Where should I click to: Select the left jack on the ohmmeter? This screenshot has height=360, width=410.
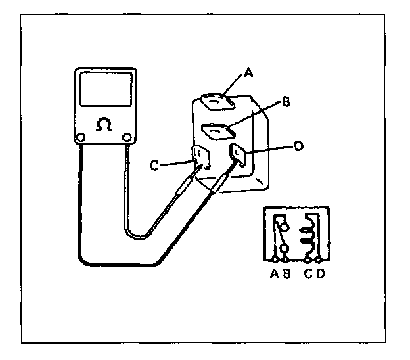pos(80,138)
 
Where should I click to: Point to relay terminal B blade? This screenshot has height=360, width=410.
pos(217,131)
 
